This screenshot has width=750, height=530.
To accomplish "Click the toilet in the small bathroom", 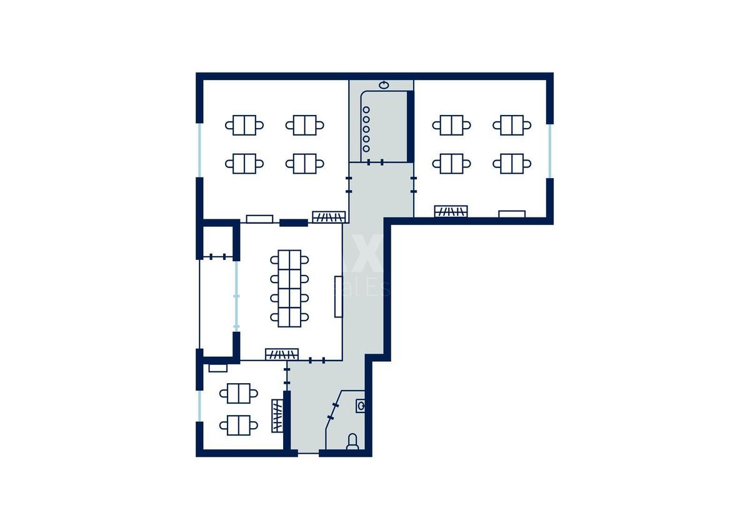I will pos(352,442).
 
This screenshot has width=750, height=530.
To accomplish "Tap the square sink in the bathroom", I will pos(361,406).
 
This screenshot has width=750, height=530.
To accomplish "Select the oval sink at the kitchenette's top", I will pos(384,84).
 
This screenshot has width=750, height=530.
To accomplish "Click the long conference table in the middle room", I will pos(289,287).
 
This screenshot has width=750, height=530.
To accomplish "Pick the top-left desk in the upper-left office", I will pos(244,125).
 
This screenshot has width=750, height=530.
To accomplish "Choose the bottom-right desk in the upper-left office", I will pos(305,164).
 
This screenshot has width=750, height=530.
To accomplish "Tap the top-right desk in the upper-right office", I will pos(512,125).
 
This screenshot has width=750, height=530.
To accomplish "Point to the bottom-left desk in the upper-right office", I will pos(451,164).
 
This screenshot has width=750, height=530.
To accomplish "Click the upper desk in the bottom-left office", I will pos(239,393).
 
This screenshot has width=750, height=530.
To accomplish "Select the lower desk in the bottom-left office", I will pos(239,425).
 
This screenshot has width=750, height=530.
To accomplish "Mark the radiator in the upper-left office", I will pos(329,217).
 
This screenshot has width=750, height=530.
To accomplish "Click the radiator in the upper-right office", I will pos(451,211).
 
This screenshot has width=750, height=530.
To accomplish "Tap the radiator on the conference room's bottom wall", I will pos(277,354).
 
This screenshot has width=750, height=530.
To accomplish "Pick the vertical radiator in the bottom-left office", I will pos(277,416).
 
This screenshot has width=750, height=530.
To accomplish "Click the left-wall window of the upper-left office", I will pos(199,150).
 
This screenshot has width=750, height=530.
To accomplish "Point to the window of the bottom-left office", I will pos(199,406).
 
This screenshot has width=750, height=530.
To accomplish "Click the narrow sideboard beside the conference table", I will pos(339,296).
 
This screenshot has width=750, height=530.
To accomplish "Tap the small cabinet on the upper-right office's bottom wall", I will pos(512,214).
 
